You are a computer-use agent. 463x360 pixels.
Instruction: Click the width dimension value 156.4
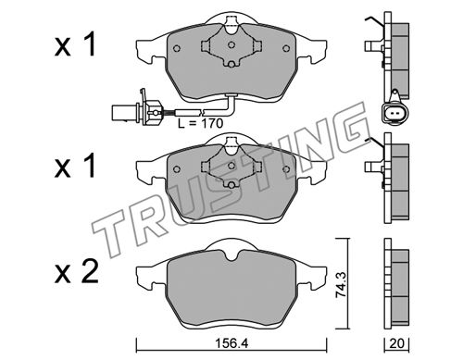tap(231, 343)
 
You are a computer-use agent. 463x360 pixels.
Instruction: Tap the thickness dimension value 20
tap(396, 343)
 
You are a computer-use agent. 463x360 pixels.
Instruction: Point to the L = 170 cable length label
tap(200, 124)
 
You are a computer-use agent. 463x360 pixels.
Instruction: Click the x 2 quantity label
tap(77, 272)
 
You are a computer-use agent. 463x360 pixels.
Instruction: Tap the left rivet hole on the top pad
tap(177, 48)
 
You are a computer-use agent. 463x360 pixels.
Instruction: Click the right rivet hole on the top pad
tap(286, 48)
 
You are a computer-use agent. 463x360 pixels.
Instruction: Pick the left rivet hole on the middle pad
tap(177, 169)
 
